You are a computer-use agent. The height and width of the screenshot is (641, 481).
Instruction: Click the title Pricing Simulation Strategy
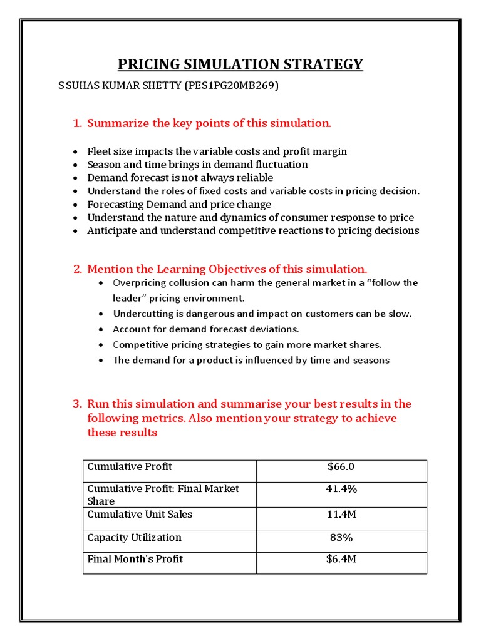click(240, 64)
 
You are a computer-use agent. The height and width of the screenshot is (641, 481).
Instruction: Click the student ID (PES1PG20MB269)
click(231, 85)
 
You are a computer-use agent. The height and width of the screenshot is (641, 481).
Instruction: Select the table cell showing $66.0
click(341, 467)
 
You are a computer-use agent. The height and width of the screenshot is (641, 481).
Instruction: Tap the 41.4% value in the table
click(341, 489)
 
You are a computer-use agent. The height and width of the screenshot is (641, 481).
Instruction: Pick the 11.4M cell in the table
click(341, 515)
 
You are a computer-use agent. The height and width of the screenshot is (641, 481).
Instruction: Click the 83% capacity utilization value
click(341, 538)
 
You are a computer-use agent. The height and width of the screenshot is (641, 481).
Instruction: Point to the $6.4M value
click(341, 559)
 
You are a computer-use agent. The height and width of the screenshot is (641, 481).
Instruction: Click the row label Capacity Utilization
click(134, 538)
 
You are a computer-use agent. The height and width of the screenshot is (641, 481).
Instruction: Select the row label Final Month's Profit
click(135, 559)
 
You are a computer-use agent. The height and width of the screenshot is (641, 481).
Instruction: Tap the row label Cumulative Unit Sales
click(140, 515)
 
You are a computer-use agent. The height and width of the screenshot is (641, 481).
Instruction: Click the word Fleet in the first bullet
click(99, 151)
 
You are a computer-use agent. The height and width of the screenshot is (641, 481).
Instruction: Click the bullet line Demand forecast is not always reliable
click(180, 178)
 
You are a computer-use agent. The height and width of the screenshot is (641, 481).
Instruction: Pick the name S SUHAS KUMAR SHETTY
click(120, 85)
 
